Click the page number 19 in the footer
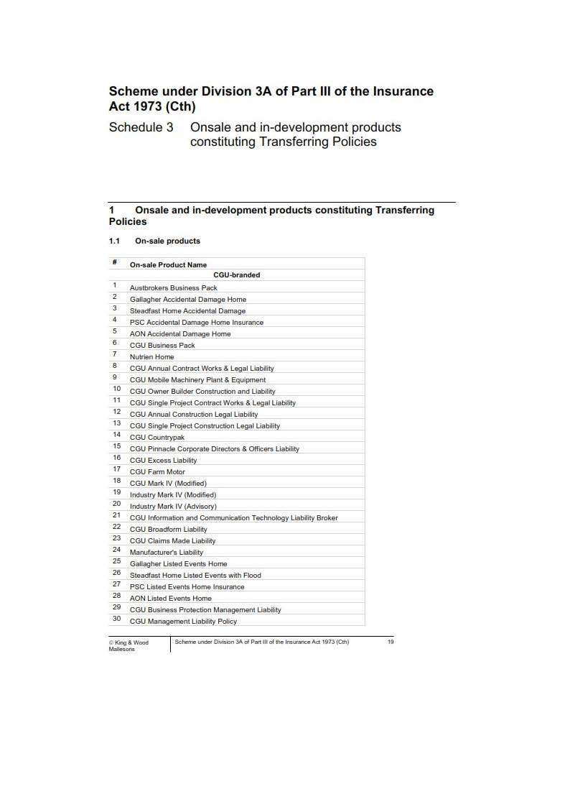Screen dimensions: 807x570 pos(391,642)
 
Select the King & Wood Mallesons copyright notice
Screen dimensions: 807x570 pos(129,645)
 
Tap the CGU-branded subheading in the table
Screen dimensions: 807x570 pos(236,275)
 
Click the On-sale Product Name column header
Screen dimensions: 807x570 pos(168,265)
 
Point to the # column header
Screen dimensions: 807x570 pos(114,262)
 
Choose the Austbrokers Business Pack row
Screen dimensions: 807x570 pos(173,288)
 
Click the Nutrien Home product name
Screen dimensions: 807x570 pos(151,357)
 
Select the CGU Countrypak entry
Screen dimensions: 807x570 pos(156,438)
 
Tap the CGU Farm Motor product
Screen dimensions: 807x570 pos(157,472)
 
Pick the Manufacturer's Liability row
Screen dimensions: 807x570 pos(166,553)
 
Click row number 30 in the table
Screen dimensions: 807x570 pos(116,619)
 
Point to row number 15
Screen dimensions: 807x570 pos(116,446)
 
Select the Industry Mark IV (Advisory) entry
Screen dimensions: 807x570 pos(172,507)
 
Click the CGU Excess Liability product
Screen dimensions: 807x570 pos(163,461)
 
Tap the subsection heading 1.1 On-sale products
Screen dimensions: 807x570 pos(154,241)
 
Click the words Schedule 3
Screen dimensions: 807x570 pos(141,127)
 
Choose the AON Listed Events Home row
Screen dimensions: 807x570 pos(170,599)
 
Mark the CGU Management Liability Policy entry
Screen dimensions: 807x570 pos(183,622)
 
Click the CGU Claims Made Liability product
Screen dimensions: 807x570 pos(172,541)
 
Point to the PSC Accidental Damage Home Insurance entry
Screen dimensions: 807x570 pos(196,323)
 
